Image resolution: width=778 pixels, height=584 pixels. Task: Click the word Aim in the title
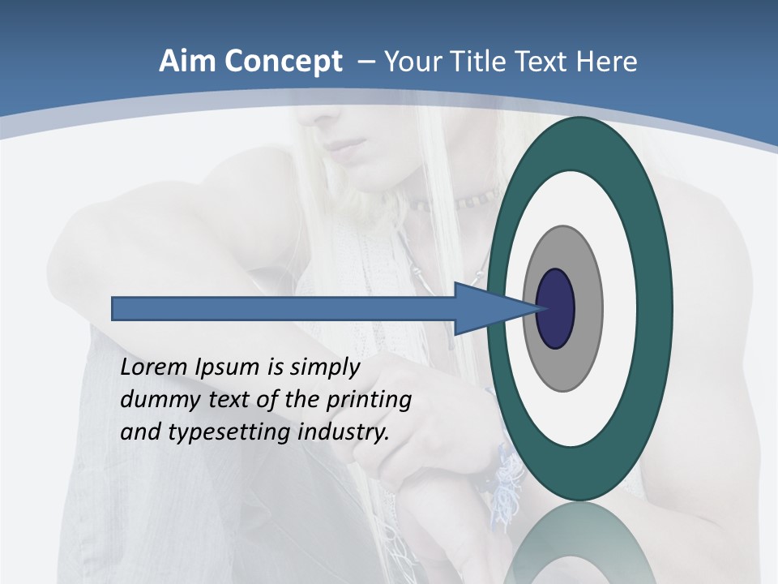click(187, 62)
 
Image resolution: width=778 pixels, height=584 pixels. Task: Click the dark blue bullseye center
click(555, 308)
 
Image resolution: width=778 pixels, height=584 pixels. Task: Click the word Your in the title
click(411, 62)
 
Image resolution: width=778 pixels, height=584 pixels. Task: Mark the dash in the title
click(365, 62)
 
